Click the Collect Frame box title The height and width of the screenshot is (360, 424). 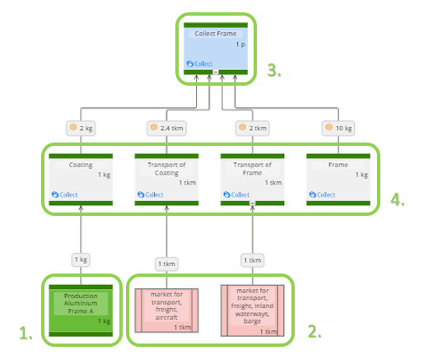(x=216, y=34)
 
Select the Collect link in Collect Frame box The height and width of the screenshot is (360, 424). (x=200, y=63)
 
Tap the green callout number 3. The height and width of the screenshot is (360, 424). (x=273, y=72)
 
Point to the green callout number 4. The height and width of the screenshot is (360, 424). (x=397, y=200)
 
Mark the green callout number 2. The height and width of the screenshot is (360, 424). (x=314, y=333)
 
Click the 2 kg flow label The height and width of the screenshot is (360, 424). (x=82, y=128)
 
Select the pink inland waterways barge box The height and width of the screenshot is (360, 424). (x=252, y=309)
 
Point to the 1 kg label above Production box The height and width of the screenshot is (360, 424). (x=81, y=259)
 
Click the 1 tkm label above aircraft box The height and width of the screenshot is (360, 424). (x=166, y=263)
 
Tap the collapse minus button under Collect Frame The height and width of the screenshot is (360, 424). (x=215, y=72)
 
